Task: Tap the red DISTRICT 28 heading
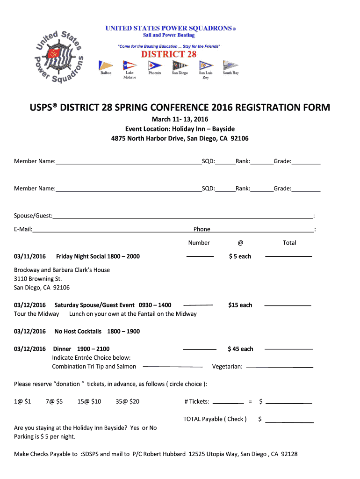pos(169,54)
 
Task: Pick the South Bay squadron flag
pos(230,65)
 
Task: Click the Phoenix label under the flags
pos(155,73)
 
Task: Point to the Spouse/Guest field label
pos(33,216)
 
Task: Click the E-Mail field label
pos(23,229)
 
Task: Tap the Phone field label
pos(202,229)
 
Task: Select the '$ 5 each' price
pos(240,256)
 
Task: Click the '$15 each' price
pos(240,305)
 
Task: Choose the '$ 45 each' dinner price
pos(240,349)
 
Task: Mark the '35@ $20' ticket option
pos(127,401)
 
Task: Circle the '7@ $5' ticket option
pos(54,401)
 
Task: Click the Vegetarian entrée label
pos(227,366)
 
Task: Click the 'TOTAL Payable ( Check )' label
pos(215,419)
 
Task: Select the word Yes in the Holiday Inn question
pos(135,428)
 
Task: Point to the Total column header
pos(289,243)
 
